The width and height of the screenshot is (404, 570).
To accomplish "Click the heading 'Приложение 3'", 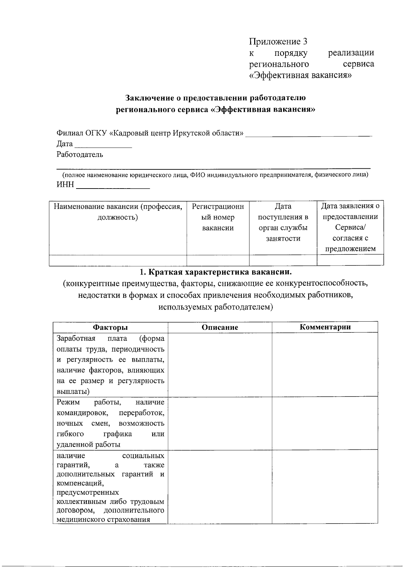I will pyautogui.click(x=278, y=42).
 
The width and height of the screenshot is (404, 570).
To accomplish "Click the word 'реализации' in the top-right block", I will pyautogui.click(x=351, y=53).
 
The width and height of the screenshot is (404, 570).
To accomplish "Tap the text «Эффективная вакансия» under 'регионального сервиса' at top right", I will pyautogui.click(x=300, y=75).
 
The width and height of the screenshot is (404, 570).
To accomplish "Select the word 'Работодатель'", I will pyautogui.click(x=80, y=155).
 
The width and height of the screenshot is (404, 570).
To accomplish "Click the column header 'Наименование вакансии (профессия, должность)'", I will pyautogui.click(x=117, y=212).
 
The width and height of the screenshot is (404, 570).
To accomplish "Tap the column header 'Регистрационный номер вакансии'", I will pyautogui.click(x=218, y=217).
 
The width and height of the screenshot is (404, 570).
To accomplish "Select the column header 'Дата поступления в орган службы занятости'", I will pyautogui.click(x=283, y=222).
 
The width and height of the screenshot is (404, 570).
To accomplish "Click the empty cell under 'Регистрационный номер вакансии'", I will pyautogui.click(x=218, y=260).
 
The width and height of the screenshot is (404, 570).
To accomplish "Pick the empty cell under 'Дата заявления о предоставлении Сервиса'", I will pyautogui.click(x=350, y=260).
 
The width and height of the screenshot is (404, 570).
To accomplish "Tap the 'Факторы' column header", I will pyautogui.click(x=110, y=327).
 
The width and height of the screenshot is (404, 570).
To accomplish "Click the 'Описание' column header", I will pyautogui.click(x=220, y=327).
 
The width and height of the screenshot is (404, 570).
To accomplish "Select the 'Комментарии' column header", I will pyautogui.click(x=325, y=327).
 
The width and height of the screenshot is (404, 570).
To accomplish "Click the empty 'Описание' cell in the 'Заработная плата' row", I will pyautogui.click(x=220, y=365).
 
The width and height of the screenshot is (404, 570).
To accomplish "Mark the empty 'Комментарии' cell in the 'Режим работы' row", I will pyautogui.click(x=325, y=423).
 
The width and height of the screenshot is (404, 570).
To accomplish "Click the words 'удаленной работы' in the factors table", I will pyautogui.click(x=89, y=445).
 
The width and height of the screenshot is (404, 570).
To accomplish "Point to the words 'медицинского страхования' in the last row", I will pyautogui.click(x=103, y=520).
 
